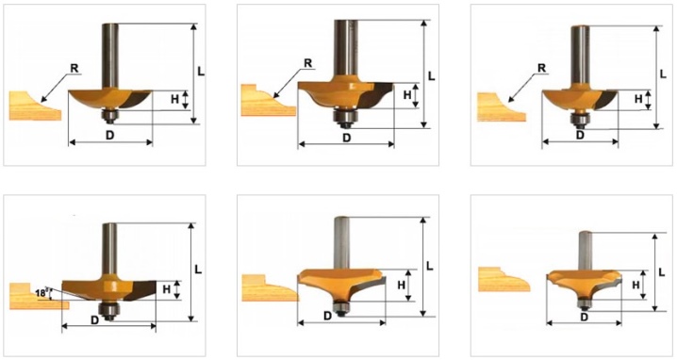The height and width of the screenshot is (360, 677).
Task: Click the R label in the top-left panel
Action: (x=74, y=67)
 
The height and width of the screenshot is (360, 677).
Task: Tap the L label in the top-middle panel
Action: (x=431, y=76)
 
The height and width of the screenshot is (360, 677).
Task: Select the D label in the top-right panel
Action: (x=581, y=135)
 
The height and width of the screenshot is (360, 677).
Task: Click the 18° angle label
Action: (x=41, y=293)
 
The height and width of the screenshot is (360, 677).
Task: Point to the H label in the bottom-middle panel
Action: (x=401, y=285)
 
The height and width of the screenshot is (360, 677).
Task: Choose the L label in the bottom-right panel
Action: (x=662, y=272)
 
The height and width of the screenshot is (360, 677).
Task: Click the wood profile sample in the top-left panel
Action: (x=35, y=106)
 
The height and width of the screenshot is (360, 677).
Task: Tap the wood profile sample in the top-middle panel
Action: (x=268, y=100)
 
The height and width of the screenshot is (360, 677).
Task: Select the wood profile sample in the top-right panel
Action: (x=502, y=107)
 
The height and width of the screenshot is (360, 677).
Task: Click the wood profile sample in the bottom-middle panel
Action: (x=270, y=287)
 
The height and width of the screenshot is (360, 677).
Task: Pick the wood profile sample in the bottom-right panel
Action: (x=504, y=279)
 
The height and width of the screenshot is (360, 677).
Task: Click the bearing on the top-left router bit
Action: (x=109, y=116)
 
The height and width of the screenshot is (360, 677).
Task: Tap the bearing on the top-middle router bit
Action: (x=345, y=119)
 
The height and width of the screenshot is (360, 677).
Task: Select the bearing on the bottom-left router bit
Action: (x=107, y=309)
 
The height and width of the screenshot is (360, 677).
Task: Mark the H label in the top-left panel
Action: (x=174, y=99)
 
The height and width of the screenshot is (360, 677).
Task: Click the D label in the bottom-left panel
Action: (x=94, y=319)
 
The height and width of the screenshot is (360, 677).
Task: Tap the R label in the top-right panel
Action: (x=542, y=68)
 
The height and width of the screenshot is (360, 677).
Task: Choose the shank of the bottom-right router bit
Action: (x=585, y=251)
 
